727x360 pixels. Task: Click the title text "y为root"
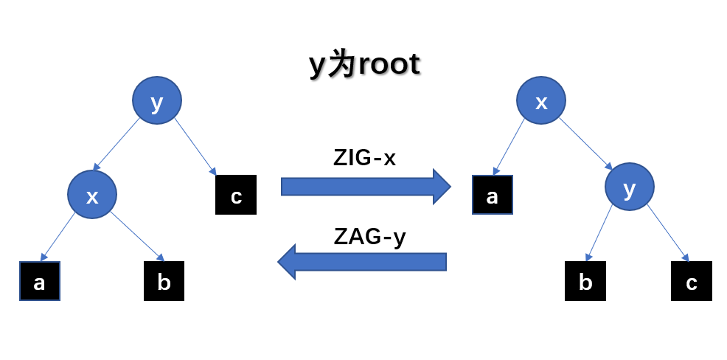364,65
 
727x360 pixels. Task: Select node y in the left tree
157,101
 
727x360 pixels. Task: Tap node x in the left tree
92,195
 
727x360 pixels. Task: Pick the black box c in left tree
236,195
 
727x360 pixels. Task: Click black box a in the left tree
40,281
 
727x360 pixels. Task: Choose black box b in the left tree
164,281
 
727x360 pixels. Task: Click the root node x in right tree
540,101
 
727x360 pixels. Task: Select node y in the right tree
629,189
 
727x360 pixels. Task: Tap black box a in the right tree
492,195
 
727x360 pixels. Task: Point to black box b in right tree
585,281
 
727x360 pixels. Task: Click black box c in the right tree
692,281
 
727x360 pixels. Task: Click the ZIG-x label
365,157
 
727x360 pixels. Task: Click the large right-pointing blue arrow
365,186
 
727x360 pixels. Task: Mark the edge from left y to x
118,143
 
